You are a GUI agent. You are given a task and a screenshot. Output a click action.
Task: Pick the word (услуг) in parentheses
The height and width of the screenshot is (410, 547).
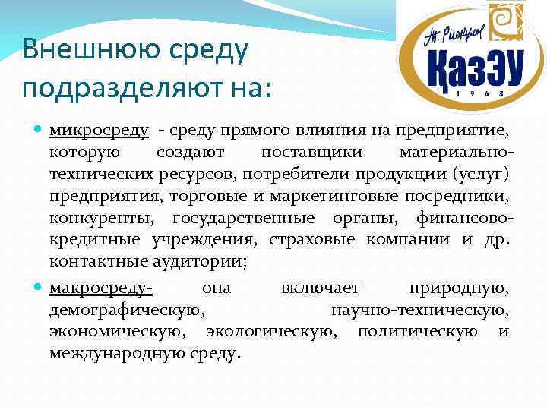pos(482,175)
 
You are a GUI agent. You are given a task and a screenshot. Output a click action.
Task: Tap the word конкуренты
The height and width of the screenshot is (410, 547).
pos(99,219)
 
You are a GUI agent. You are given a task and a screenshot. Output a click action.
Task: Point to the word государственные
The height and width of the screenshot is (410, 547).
pos(243,219)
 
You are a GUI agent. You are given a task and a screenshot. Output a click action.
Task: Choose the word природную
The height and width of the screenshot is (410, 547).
pos(459,289)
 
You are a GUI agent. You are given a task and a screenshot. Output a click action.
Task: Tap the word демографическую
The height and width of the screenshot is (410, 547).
pos(125,311)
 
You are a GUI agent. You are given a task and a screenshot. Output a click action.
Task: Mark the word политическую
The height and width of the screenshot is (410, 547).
pos(418,332)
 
